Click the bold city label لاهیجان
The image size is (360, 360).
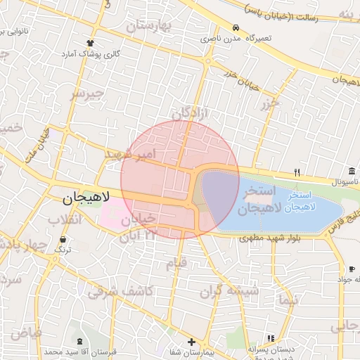(72, 199)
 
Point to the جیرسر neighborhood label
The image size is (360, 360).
(88, 93)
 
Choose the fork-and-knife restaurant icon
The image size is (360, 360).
(297, 172)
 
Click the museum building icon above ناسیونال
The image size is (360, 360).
(351, 172)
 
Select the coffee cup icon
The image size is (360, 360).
(352, 269)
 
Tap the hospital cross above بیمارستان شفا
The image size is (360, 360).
(191, 341)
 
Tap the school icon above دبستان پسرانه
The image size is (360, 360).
(271, 338)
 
